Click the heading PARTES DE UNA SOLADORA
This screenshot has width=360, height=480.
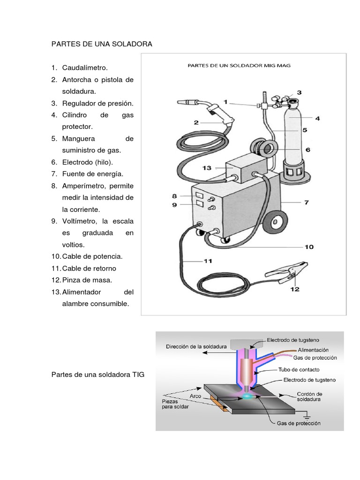[x=102, y=44]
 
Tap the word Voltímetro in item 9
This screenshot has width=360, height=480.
[x=79, y=221]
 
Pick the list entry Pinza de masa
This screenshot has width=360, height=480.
[x=87, y=280]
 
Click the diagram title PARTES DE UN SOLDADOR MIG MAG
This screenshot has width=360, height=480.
[x=239, y=66]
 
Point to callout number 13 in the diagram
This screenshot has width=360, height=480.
[x=207, y=167]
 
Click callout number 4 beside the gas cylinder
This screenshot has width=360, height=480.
[x=317, y=119]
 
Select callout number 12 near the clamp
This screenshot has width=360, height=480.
[x=294, y=289]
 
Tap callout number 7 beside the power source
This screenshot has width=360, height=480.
[x=306, y=202]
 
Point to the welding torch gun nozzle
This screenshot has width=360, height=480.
[x=187, y=102]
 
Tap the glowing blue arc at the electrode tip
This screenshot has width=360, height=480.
[x=247, y=397]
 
